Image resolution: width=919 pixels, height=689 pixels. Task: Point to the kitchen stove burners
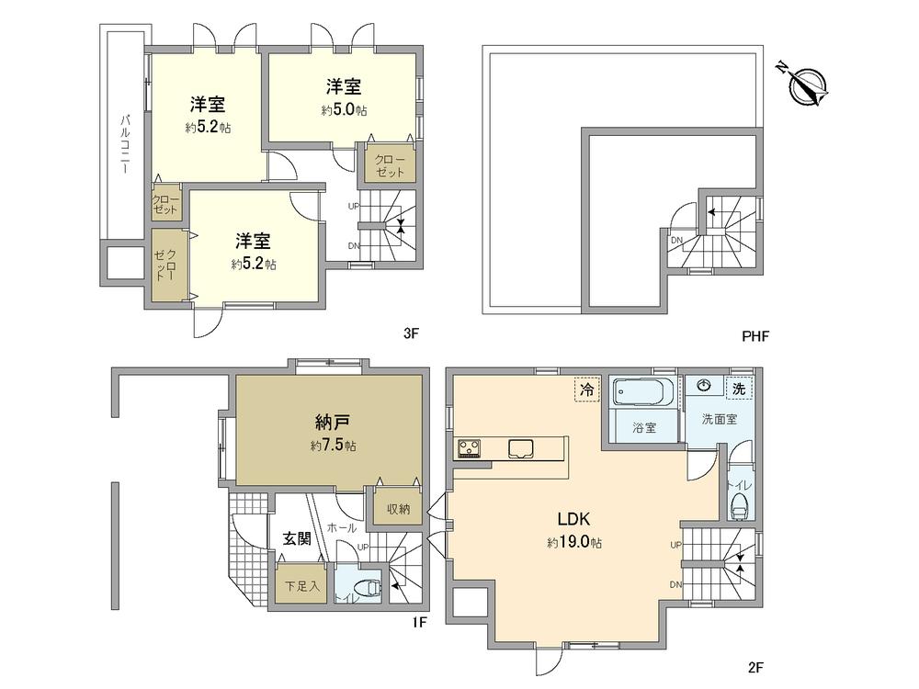point(469,448)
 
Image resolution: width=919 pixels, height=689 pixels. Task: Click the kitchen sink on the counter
point(521,448)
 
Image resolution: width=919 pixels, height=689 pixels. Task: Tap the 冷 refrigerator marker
point(585,390)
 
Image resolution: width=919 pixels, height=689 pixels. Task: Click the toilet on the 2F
point(739,504)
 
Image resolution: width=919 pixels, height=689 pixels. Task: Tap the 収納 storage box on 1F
point(397,509)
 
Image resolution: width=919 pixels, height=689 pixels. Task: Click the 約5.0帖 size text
point(344,110)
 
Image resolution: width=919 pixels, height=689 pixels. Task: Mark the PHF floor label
point(754,336)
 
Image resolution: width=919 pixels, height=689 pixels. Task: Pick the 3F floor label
point(411,334)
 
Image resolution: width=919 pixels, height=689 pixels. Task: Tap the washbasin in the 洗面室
point(704,385)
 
